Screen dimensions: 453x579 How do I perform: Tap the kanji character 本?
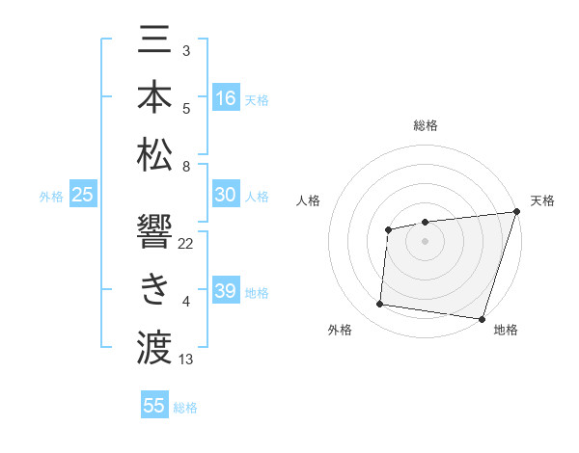click(x=154, y=97)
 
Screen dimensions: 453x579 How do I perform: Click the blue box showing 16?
click(x=226, y=98)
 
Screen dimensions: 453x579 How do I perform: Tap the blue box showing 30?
click(x=226, y=196)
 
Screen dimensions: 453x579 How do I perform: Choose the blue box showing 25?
click(x=83, y=196)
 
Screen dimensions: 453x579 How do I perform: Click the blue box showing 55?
click(x=154, y=406)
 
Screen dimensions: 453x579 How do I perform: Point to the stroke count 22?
click(x=186, y=243)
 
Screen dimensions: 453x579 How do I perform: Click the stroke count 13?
click(x=186, y=360)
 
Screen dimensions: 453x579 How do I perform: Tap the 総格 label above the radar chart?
click(x=425, y=125)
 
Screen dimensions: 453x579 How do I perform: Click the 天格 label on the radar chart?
click(x=542, y=200)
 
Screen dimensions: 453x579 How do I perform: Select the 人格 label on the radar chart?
click(x=309, y=200)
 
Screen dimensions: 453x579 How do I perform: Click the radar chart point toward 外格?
click(x=379, y=305)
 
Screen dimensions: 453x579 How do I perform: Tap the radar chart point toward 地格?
click(x=482, y=318)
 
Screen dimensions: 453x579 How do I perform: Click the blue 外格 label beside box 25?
click(x=51, y=197)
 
